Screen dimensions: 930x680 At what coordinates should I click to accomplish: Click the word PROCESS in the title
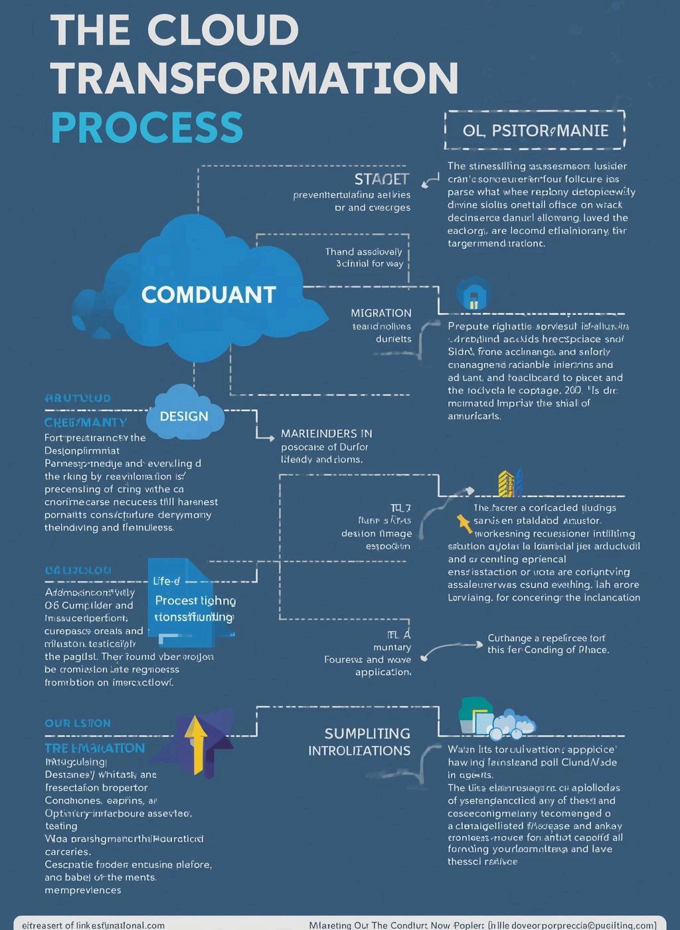coord(147,127)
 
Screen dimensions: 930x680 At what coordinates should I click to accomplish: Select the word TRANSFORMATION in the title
coord(254,78)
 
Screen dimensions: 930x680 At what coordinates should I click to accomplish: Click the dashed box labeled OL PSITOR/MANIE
coord(535,130)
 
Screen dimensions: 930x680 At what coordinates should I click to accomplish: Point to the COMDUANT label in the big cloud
coord(209,294)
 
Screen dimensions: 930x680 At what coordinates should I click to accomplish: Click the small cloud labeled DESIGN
coord(185,416)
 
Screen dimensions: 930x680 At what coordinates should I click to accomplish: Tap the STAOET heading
coord(381,179)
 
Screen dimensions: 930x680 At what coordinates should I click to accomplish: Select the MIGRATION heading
coord(381,313)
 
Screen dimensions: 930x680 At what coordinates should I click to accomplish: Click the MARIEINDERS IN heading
coord(326,434)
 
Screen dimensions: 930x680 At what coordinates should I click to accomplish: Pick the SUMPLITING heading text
coord(367,733)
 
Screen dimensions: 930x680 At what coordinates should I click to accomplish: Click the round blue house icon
coord(473,294)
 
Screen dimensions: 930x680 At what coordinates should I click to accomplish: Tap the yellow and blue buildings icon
coord(510,484)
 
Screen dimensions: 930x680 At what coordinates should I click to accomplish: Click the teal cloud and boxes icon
coord(496,719)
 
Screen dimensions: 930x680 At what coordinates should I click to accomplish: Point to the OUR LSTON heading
coord(78,723)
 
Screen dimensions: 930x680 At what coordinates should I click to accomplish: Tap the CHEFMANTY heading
coord(86,422)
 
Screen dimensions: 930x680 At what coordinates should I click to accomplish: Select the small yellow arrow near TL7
coord(465,523)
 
